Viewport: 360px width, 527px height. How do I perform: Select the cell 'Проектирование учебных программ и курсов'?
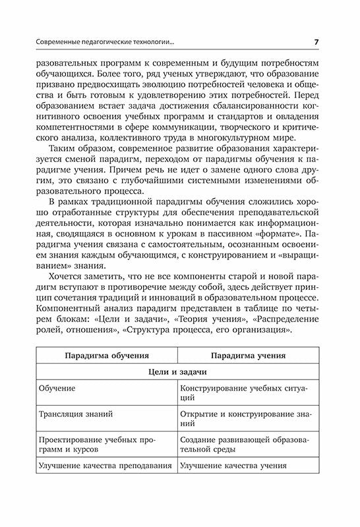click(x=96, y=444)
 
